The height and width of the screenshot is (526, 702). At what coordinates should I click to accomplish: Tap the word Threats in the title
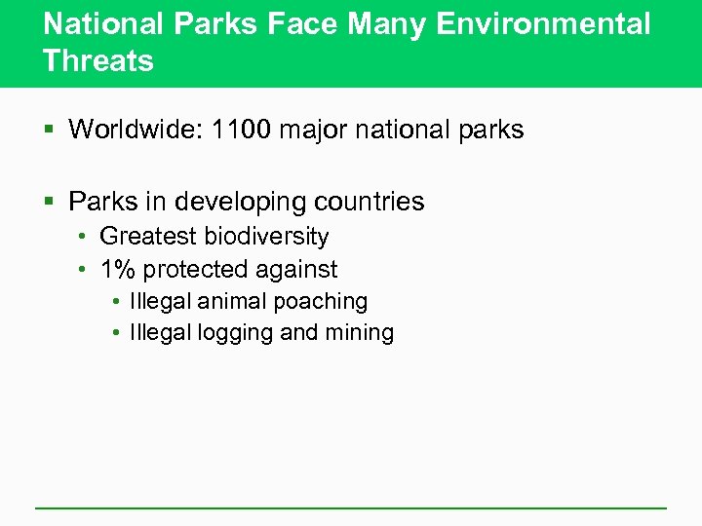click(98, 61)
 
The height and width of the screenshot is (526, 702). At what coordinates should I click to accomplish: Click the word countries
click(371, 202)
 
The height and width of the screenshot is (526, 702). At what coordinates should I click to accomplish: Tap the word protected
click(201, 269)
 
